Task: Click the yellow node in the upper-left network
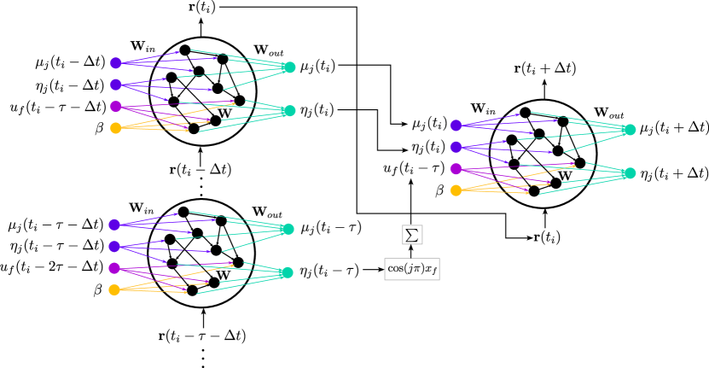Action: [x=116, y=128]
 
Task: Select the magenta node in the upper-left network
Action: [x=116, y=107]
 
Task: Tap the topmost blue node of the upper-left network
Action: [x=116, y=63]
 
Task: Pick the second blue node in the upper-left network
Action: [x=116, y=85]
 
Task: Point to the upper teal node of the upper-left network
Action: [x=290, y=67]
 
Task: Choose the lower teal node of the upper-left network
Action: [x=290, y=111]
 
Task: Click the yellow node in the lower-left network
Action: [x=114, y=290]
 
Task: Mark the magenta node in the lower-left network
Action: [x=114, y=268]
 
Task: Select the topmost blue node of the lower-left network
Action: [x=114, y=225]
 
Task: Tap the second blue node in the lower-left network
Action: [x=114, y=247]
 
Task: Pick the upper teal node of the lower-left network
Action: [x=288, y=229]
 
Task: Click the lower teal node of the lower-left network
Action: [x=288, y=272]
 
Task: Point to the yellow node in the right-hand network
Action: [x=456, y=190]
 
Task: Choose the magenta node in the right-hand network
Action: [x=456, y=169]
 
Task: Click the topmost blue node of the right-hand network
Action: [x=456, y=126]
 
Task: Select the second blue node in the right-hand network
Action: [x=456, y=147]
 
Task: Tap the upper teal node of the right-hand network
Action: [x=630, y=130]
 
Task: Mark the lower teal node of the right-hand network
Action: [x=630, y=173]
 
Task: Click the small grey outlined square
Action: [x=412, y=235]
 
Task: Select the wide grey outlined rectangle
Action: [x=412, y=269]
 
